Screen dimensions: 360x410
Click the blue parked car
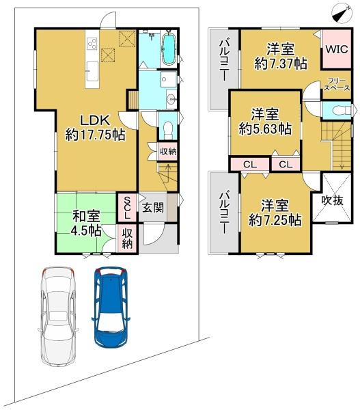point(111,307)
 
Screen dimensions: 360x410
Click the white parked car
point(58,317)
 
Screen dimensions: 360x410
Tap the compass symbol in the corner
point(342,14)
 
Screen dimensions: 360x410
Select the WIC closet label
point(337,49)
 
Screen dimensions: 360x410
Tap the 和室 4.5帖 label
point(86,223)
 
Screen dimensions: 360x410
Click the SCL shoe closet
point(127,208)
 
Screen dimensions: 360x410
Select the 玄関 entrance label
point(153,208)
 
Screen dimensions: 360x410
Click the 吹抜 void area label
point(332,200)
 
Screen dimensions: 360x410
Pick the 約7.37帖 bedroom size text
point(281,64)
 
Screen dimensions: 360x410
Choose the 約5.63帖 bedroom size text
point(265,128)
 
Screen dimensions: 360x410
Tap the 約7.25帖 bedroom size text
point(275,220)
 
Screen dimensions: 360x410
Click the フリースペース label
point(337,85)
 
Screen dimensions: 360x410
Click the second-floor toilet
point(342,110)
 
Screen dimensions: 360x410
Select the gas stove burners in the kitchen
point(92,44)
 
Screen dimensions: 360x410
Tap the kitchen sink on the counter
point(92,71)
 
